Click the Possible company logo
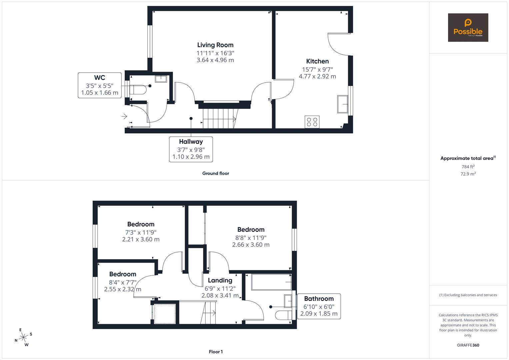click(x=468, y=27)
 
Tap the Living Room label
click(x=215, y=45)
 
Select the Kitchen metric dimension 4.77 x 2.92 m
click(x=317, y=76)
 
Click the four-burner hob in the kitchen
click(x=312, y=122)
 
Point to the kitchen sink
click(x=342, y=104)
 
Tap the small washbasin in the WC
click(x=161, y=79)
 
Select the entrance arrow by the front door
click(x=124, y=116)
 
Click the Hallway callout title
click(x=191, y=142)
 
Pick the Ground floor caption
click(x=215, y=173)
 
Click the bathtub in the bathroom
click(x=271, y=282)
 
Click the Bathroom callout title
click(x=319, y=299)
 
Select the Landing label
click(x=220, y=280)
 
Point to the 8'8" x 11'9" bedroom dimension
click(x=251, y=238)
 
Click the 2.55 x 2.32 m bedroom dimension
click(x=122, y=289)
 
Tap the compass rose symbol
click(x=23, y=337)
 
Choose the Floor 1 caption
click(x=215, y=352)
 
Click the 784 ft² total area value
click(x=468, y=167)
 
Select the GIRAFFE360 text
click(x=468, y=345)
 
